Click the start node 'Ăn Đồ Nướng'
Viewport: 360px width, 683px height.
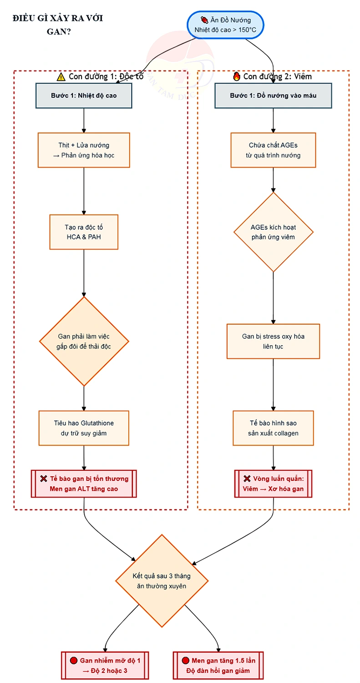coord(225,25)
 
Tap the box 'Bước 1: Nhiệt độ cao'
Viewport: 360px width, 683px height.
coord(84,96)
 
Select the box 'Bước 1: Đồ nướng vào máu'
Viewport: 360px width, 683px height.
coord(273,96)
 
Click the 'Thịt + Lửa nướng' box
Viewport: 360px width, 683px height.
coord(84,150)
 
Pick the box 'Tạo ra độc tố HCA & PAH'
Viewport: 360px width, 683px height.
coord(84,232)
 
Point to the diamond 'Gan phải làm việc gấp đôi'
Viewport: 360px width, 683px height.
coord(84,341)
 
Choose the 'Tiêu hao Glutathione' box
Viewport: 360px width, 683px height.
coord(84,428)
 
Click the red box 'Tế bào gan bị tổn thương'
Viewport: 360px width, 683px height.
coord(84,484)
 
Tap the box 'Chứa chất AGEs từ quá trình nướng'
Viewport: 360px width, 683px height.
coord(273,150)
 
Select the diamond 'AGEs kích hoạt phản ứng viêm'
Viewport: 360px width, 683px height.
coord(274,232)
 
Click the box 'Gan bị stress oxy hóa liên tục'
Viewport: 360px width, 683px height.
coord(273,341)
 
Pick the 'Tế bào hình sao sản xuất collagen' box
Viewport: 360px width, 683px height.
coord(273,428)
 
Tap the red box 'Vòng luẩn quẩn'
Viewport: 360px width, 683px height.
coord(273,484)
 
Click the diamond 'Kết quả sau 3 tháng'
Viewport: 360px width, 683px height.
coord(162,581)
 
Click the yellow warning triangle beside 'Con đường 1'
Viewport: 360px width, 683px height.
coord(61,77)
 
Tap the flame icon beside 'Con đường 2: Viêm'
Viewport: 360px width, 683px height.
coord(237,76)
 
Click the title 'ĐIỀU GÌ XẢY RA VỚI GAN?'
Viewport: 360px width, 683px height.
coord(58,25)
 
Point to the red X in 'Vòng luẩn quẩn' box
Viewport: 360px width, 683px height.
coord(247,479)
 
